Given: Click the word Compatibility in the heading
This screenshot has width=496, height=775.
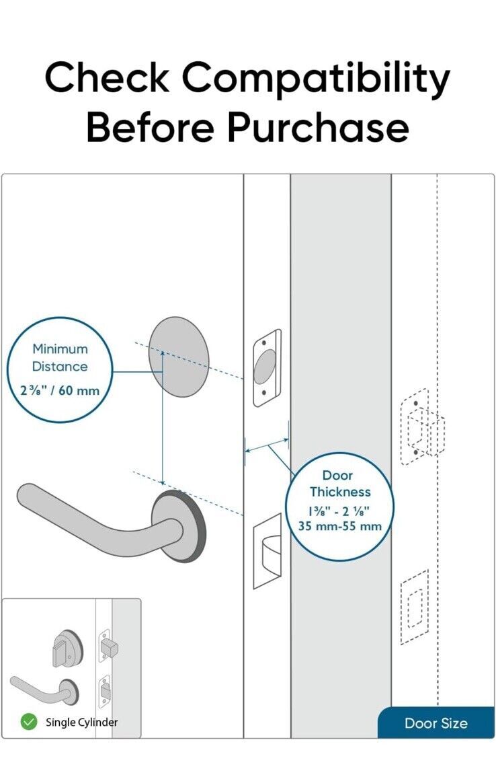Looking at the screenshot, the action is click(316, 79).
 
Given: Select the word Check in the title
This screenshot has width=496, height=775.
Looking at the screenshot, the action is click(107, 78).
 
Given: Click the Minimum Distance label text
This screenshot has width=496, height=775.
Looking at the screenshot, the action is click(60, 358).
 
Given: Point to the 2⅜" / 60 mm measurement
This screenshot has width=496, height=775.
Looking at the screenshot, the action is click(60, 391).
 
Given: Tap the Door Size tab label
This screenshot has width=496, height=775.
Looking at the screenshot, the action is click(436, 724).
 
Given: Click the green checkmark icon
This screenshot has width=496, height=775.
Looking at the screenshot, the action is click(29, 722).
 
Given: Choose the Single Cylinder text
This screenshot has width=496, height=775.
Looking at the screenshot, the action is click(81, 723).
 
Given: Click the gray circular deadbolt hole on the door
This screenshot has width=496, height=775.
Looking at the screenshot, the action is click(178, 357).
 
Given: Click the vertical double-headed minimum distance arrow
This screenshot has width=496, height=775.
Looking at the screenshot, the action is click(163, 417).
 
